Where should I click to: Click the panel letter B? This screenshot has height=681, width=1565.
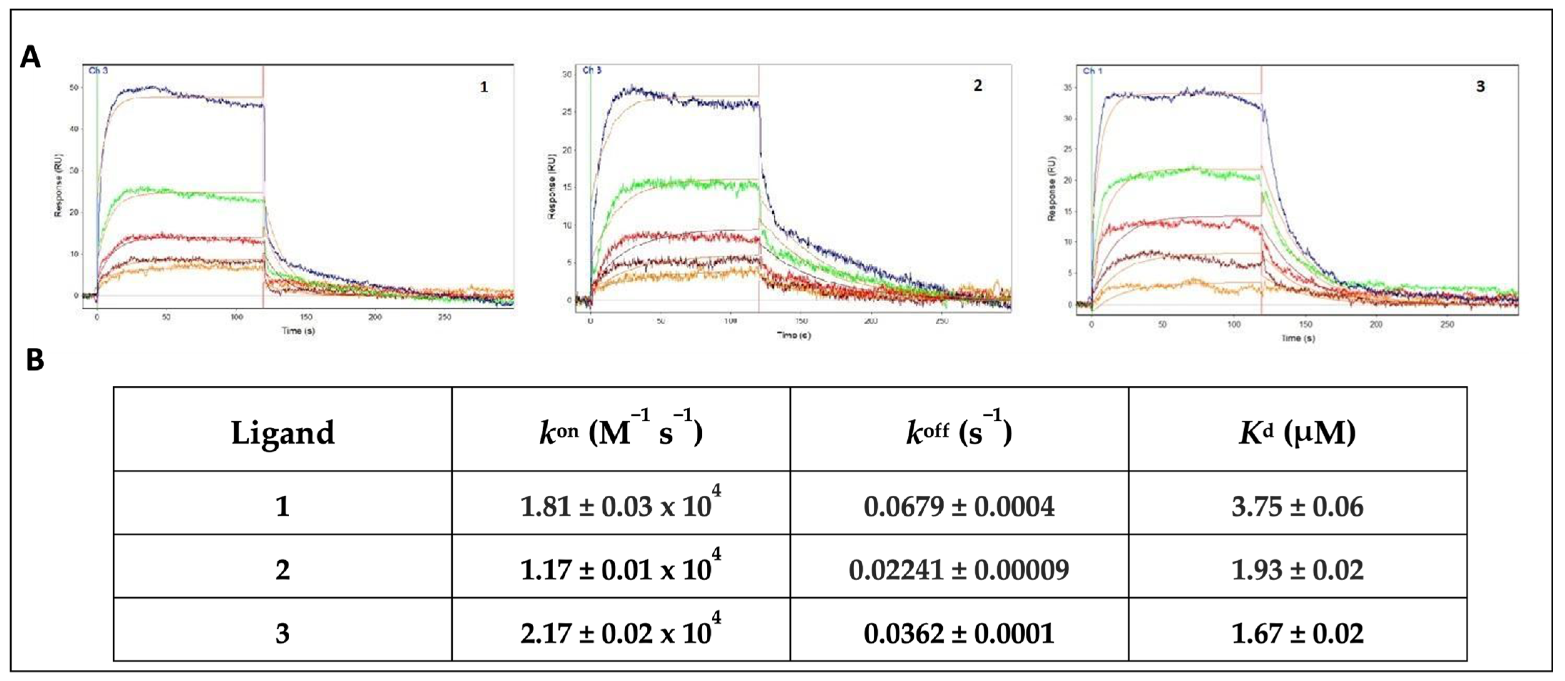(35, 360)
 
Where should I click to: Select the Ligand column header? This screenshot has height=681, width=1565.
(283, 433)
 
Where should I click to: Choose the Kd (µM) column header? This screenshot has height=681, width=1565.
(1297, 432)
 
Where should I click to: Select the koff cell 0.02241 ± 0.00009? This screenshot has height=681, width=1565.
(959, 570)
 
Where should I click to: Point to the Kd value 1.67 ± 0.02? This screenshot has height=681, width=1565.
(1297, 633)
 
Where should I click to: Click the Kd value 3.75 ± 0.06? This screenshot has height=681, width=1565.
(1297, 506)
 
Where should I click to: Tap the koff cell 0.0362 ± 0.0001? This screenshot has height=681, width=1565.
(959, 633)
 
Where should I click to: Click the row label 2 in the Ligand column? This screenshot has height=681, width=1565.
(283, 570)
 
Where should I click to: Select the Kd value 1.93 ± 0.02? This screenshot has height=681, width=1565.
(1297, 570)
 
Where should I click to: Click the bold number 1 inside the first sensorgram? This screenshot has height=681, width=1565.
(484, 87)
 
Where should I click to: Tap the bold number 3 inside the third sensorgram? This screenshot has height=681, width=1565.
(1480, 86)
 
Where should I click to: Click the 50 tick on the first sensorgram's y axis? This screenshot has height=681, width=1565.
(74, 87)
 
